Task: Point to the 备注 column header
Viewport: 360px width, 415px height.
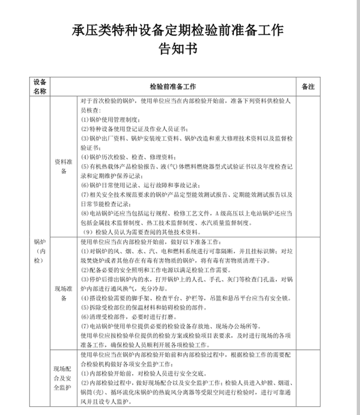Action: click(x=309, y=86)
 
